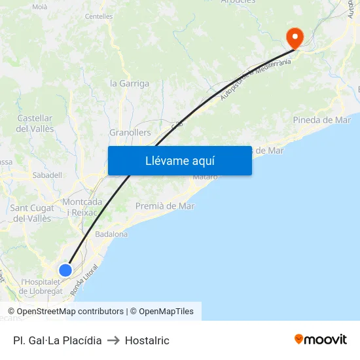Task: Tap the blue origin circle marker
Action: point(65,270)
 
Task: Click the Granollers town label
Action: point(130,132)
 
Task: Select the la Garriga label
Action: point(130,83)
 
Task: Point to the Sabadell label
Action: point(47,175)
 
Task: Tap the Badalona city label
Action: point(111,234)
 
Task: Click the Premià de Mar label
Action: point(165,206)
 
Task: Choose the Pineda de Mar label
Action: point(322,120)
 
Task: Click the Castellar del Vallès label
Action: point(35,123)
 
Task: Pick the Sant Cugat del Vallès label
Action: point(32,213)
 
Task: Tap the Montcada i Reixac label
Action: point(82,207)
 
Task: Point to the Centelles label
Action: point(99,16)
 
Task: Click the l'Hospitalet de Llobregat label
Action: point(42,286)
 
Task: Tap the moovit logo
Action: point(320,340)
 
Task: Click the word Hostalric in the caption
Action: point(147,340)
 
